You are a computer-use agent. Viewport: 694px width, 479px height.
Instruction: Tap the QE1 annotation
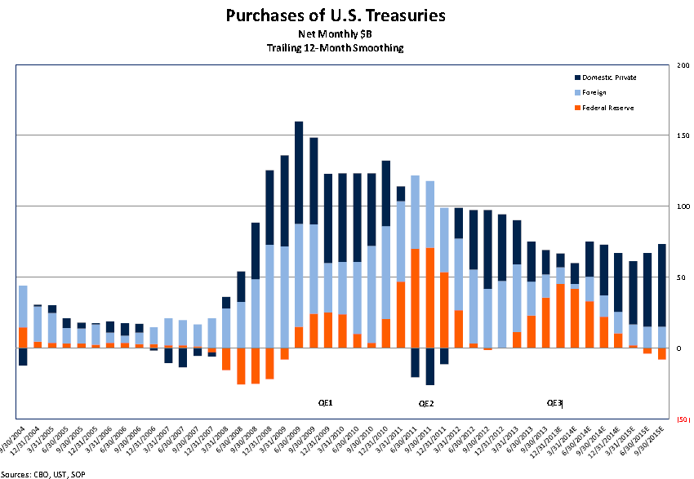point(325,403)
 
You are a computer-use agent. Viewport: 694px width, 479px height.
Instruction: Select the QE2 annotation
point(425,403)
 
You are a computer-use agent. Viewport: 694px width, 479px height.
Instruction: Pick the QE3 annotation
point(554,403)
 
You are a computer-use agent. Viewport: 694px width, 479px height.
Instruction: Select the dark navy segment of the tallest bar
point(299,172)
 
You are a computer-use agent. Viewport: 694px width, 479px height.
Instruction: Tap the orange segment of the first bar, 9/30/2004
point(23,338)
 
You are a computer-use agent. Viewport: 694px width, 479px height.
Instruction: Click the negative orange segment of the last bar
point(662,354)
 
